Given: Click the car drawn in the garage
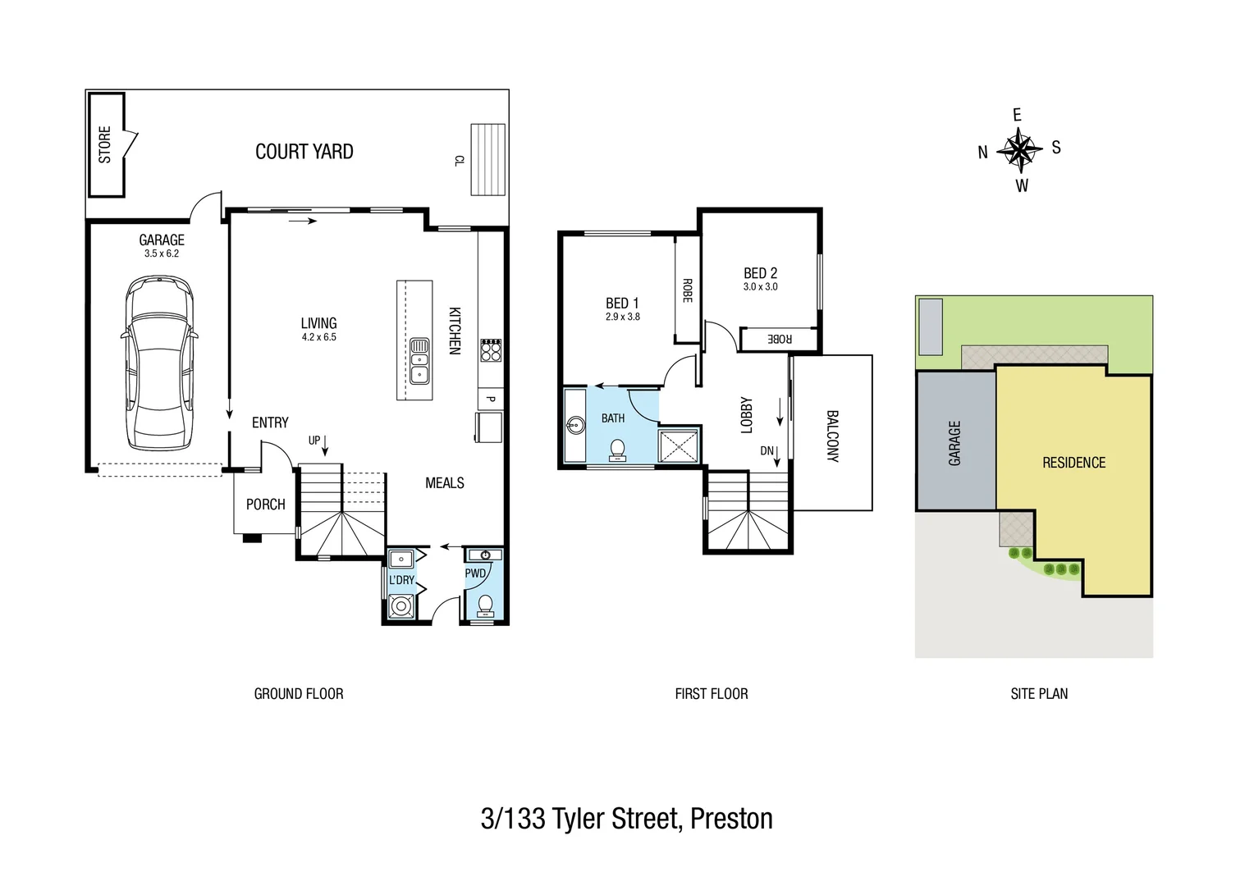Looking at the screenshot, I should point(159,363).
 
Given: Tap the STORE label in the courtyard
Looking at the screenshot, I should point(105,144).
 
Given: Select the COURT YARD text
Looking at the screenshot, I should point(304,152).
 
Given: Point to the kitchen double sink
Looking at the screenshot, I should point(419,361).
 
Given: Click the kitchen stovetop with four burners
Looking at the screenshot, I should point(491,350).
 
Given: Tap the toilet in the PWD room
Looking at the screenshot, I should point(485,605).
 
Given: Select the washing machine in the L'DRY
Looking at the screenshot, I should point(400,606).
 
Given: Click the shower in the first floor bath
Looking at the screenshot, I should point(679,446).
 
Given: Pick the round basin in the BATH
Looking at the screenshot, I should point(575,426).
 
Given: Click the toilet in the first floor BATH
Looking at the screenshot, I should point(616,449).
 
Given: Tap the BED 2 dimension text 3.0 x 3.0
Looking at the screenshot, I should point(760,287).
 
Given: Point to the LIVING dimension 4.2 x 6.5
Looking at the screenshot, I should point(318,337).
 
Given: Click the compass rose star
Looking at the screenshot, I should point(1018,150).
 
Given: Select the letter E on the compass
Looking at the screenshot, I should point(1018,115).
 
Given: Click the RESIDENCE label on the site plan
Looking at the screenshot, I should point(1073,463).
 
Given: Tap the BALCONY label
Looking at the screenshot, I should point(832,436).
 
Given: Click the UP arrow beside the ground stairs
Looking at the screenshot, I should point(325,444).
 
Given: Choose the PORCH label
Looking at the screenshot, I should point(266,505).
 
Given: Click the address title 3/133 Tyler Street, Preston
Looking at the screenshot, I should point(626,819).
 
